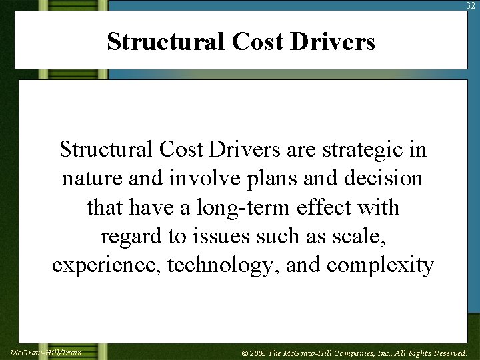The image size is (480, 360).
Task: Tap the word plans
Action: (x=280, y=179)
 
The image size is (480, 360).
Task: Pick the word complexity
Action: (x=380, y=265)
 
